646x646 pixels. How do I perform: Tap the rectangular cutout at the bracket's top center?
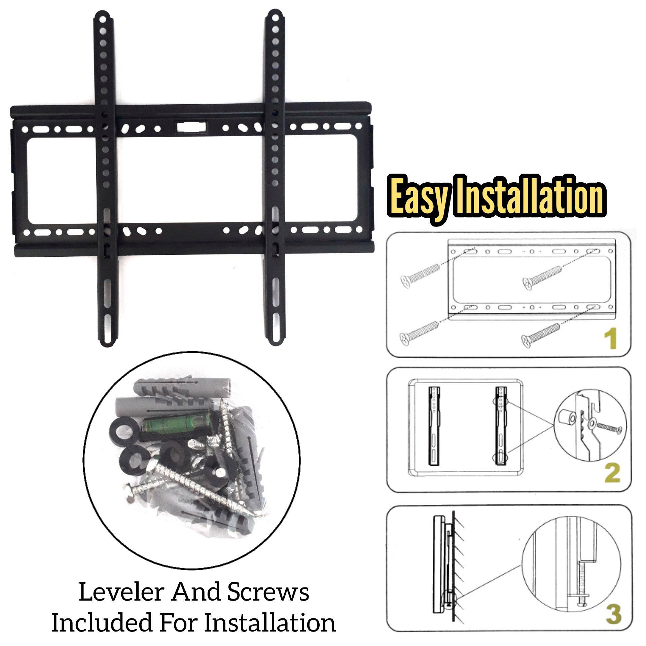(191, 127)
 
